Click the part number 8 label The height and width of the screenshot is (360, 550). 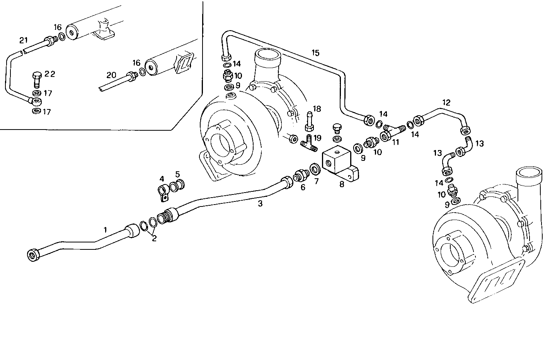342,184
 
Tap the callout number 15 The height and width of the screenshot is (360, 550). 315,53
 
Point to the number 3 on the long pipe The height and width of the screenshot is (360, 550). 260,204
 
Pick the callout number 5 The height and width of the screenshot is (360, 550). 177,174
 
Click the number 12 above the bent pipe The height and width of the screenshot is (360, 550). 446,103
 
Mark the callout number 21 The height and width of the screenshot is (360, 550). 24,40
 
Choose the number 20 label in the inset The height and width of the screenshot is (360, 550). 111,75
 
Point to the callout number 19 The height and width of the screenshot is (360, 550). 317,138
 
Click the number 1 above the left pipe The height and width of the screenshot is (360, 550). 104,229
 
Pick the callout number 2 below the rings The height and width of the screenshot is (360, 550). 154,239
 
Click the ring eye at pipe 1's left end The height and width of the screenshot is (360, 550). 32,254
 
